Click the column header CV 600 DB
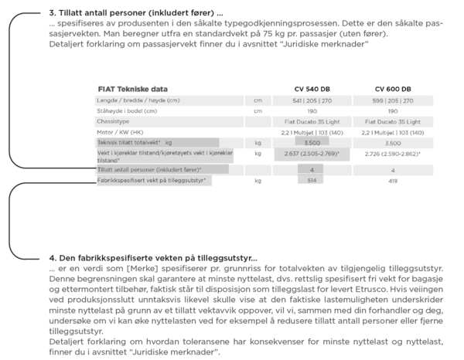pos(393,89)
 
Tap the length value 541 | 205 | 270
pos(312,100)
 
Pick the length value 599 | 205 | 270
pos(393,100)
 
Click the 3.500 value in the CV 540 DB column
pos(312,143)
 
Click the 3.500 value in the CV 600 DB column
pos(393,143)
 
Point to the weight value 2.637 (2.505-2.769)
pos(312,155)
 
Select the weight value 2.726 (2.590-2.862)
pos(393,155)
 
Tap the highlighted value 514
pos(312,180)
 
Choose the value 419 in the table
pos(393,180)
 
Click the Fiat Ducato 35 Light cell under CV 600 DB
pos(393,122)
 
